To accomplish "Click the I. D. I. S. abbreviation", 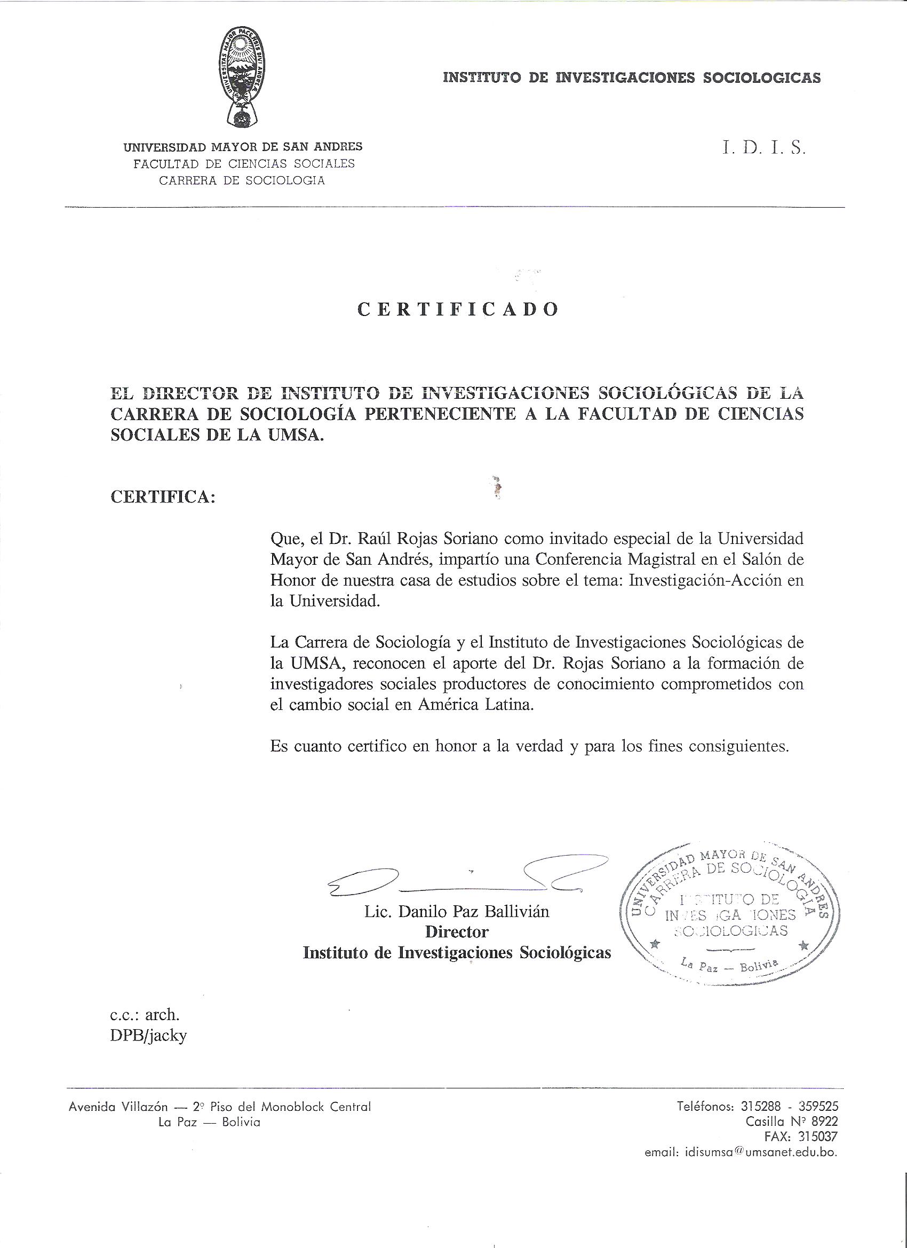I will click(763, 149).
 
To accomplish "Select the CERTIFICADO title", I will click(458, 309).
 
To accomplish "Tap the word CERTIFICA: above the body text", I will click(162, 497).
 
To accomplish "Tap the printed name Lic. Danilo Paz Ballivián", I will click(457, 912).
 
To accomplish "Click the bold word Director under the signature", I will click(457, 932).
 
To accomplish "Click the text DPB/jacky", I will click(148, 1036).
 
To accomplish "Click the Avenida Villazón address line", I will click(219, 1107).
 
